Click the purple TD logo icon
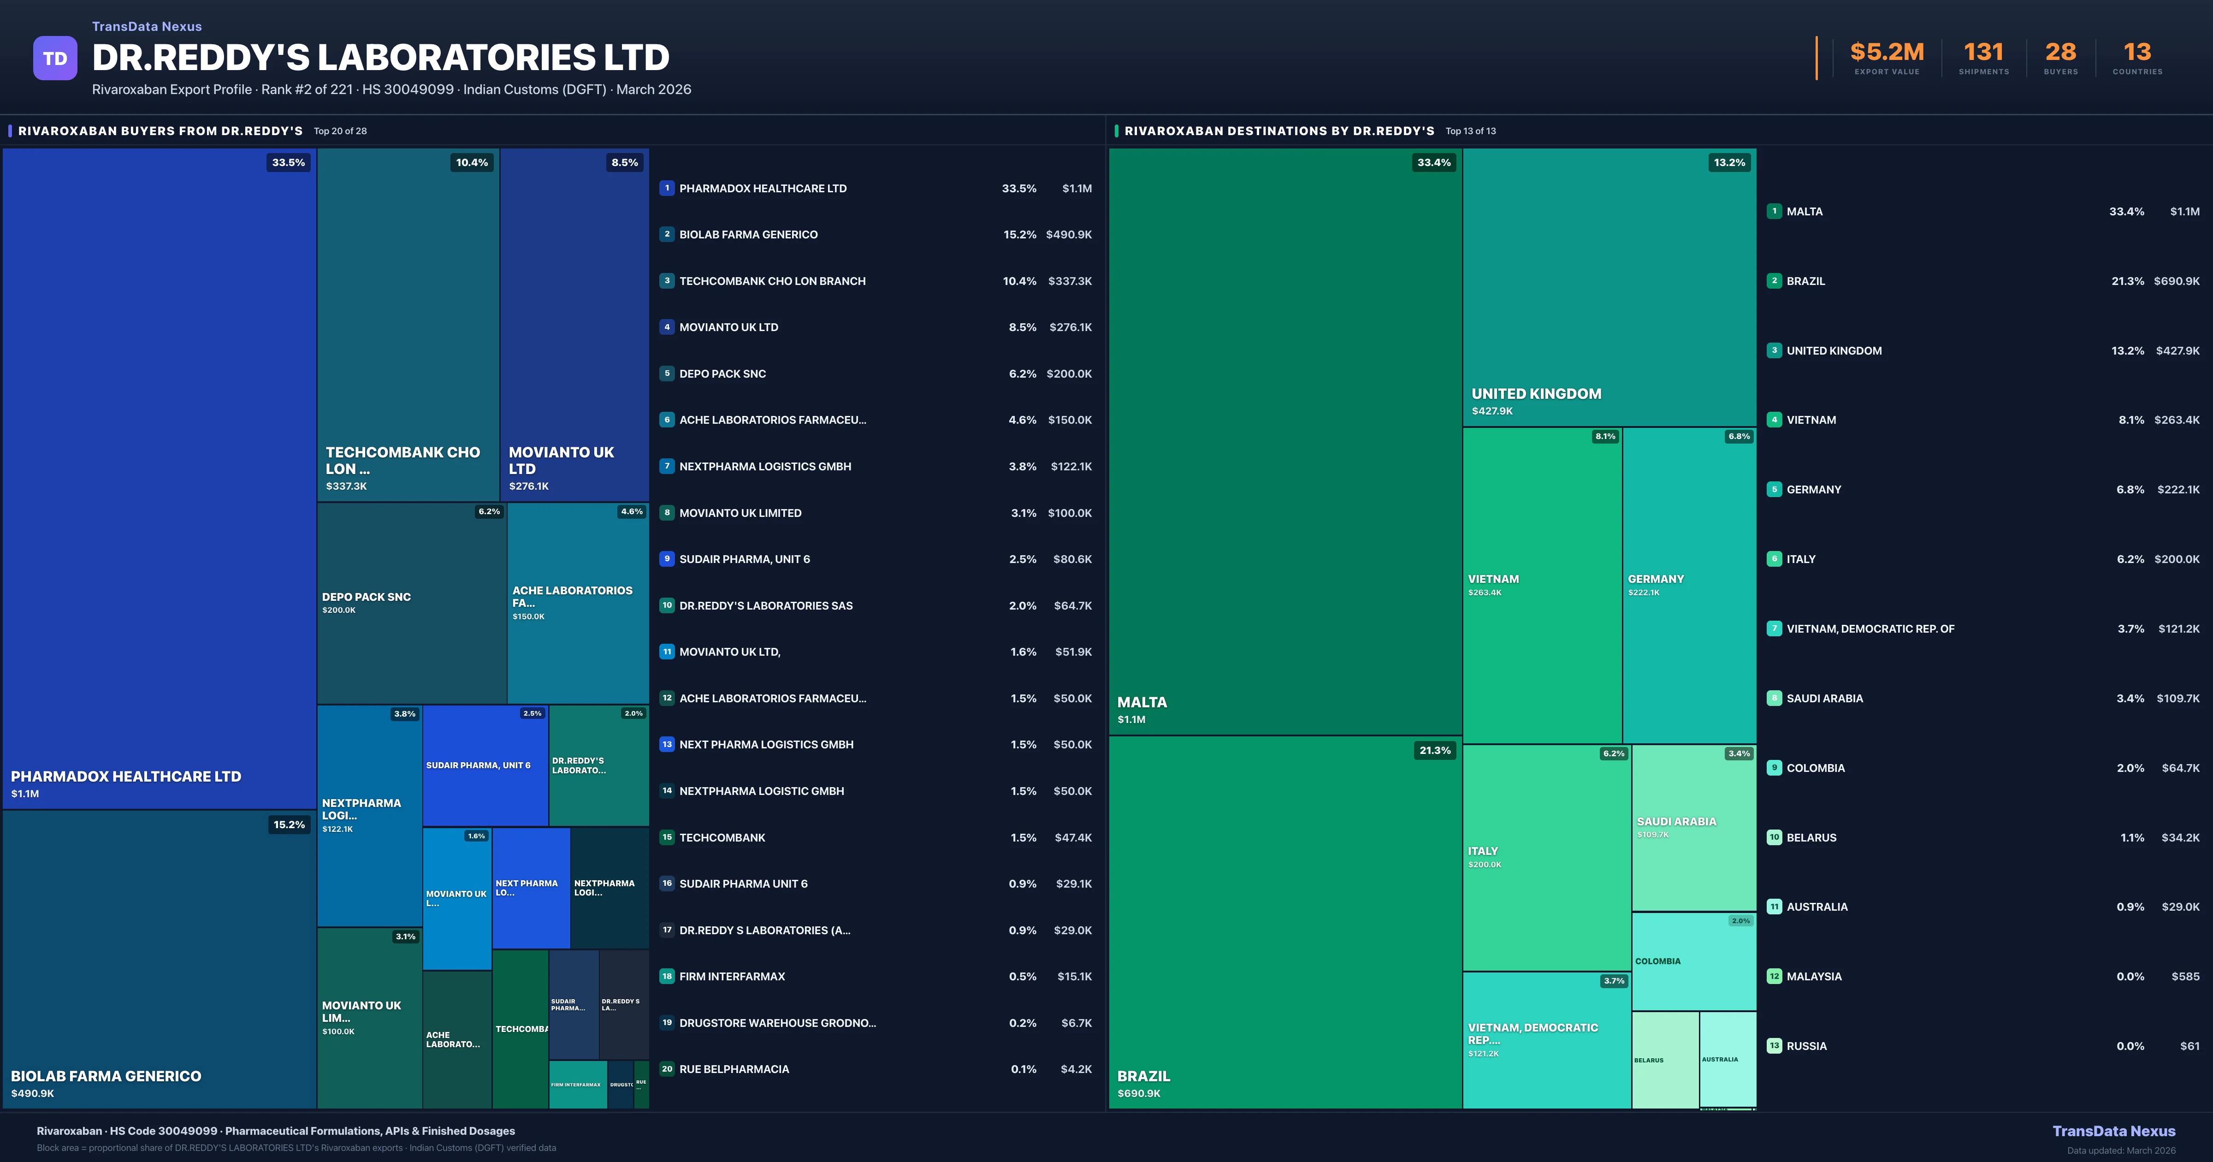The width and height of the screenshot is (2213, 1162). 55,59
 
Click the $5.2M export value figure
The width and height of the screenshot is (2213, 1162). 1887,53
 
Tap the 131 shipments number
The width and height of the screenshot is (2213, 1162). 1983,53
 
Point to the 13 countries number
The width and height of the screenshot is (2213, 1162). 2136,53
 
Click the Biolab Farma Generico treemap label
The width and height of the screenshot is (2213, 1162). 106,1076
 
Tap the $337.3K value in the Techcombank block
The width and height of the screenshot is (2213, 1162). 346,486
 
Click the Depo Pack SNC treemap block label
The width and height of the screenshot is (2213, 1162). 366,597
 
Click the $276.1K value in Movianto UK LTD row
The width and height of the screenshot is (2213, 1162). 1070,327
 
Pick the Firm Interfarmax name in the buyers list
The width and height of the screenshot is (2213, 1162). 732,976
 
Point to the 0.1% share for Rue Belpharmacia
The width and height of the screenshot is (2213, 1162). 1023,1069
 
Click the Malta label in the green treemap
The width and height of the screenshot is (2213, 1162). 1142,702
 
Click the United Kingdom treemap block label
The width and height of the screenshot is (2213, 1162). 1536,394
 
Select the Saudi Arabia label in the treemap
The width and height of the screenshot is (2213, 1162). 1676,822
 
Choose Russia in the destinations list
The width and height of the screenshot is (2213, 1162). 1807,1046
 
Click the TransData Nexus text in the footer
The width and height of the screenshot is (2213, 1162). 2113,1131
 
